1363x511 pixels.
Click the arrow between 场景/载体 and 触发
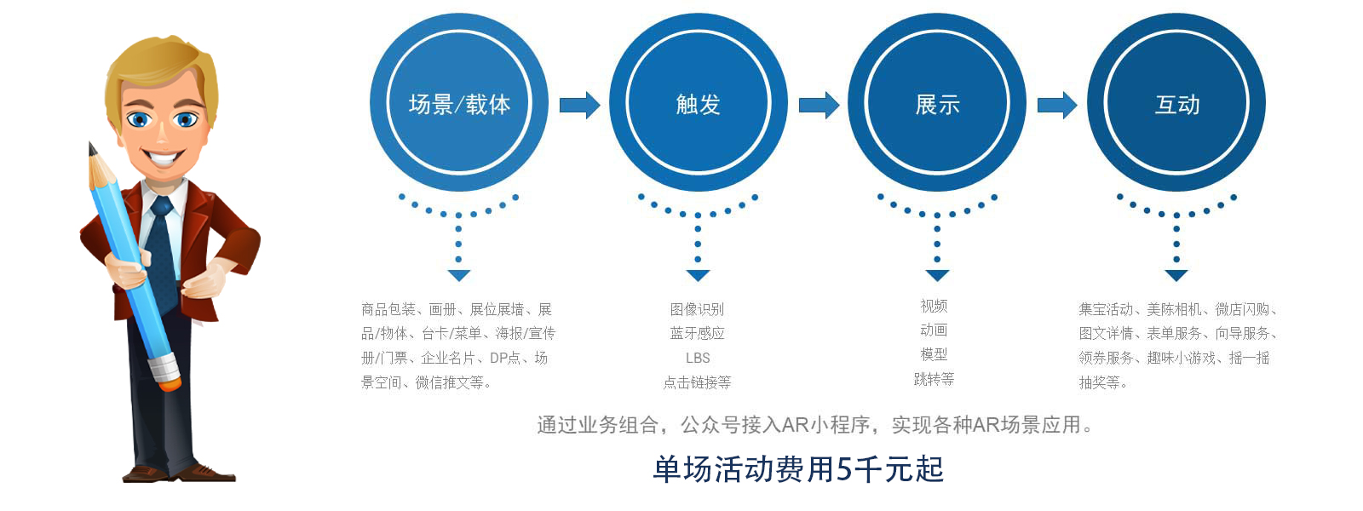[579, 106]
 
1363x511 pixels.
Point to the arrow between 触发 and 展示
[819, 106]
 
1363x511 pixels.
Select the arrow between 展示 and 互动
[1057, 106]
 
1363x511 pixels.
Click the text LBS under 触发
[698, 359]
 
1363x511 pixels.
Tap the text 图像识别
[698, 310]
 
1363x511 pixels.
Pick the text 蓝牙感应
[698, 333]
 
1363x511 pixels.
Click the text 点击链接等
[698, 382]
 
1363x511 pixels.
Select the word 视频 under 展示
[934, 306]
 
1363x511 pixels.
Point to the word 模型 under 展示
[934, 354]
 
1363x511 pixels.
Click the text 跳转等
[934, 379]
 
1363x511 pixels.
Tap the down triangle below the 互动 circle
[1176, 275]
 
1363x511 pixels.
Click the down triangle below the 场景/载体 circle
[459, 275]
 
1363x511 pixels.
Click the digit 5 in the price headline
[844, 469]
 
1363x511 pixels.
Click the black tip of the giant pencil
[92, 148]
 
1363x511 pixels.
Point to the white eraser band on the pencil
[165, 367]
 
